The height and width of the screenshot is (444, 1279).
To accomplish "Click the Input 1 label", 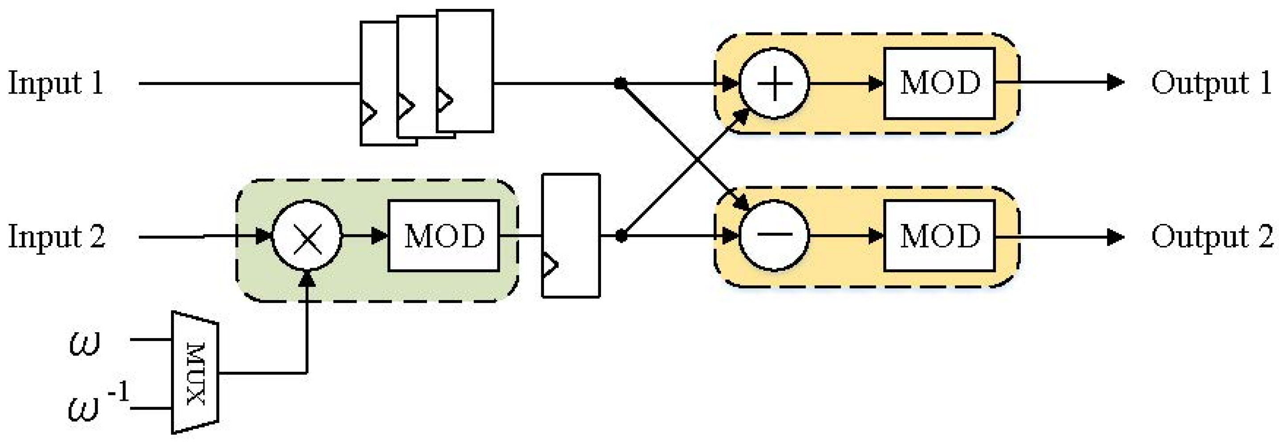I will tap(56, 83).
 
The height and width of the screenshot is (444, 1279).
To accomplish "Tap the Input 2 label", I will tap(57, 236).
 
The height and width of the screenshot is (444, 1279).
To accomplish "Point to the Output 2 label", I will tap(1211, 236).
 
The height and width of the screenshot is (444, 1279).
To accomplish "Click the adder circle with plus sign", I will tap(774, 83).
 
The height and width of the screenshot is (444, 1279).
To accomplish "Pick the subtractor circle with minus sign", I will tap(774, 236).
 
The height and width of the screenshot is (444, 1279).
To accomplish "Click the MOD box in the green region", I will tap(443, 236).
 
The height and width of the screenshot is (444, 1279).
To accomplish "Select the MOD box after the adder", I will tap(939, 83).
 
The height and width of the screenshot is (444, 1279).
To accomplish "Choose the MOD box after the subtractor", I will tap(939, 236).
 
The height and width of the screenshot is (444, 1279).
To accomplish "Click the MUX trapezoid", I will tap(195, 372).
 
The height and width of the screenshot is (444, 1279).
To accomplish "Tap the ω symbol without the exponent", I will tap(85, 342).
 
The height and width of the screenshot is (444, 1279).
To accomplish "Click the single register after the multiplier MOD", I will tap(571, 236).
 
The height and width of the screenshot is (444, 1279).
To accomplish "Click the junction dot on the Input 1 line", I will tap(620, 83).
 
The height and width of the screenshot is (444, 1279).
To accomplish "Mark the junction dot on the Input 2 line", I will tap(621, 236).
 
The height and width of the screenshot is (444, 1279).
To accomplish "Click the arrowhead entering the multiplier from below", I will tap(308, 279).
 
